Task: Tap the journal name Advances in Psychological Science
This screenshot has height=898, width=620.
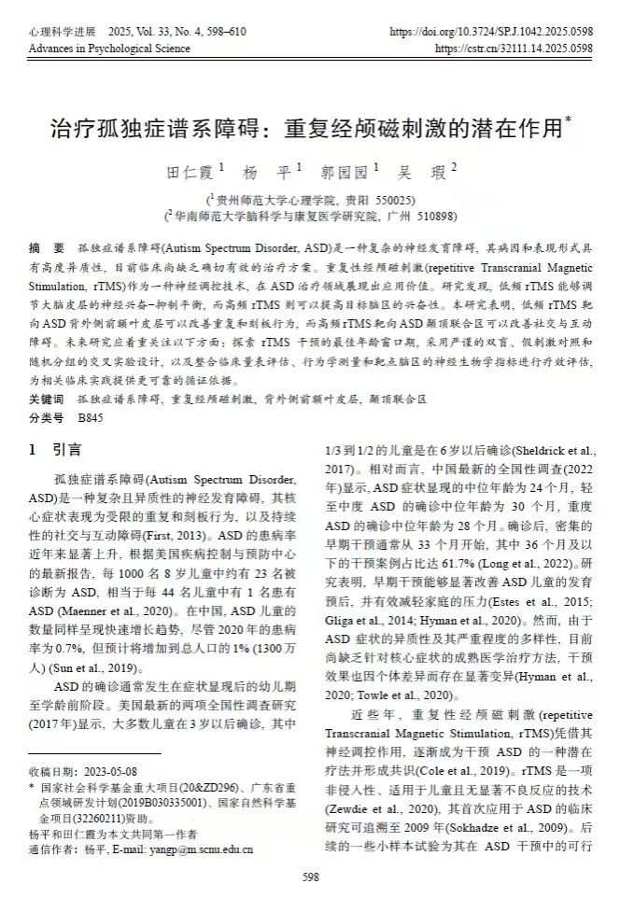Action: click(x=109, y=48)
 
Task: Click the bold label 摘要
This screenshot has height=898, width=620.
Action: click(x=47, y=249)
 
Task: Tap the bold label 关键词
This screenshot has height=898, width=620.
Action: click(x=47, y=399)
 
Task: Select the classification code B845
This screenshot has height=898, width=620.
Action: click(x=91, y=415)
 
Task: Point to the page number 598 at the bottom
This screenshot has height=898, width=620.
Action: click(x=311, y=877)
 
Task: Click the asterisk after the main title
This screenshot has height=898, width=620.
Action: click(x=569, y=119)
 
